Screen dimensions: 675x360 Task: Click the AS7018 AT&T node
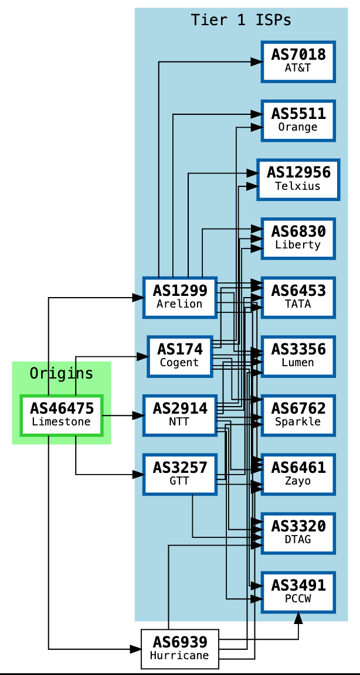point(298,61)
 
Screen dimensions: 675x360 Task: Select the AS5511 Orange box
point(298,120)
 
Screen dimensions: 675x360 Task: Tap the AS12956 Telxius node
point(298,179)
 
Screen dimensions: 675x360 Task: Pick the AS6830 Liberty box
point(298,238)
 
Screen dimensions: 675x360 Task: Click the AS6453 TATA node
point(298,297)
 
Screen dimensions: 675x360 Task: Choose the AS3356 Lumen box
point(298,356)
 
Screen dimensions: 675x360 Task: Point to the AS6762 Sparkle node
point(298,415)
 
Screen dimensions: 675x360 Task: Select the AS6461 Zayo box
point(298,474)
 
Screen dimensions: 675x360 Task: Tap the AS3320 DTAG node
point(298,533)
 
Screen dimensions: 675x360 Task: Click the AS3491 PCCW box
point(298,592)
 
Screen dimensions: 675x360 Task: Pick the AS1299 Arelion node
point(179,297)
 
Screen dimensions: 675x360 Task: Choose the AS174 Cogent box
point(179,356)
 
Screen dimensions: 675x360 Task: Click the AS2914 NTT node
point(179,415)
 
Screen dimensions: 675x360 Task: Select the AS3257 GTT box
point(179,474)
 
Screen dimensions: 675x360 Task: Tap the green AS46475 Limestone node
point(62,415)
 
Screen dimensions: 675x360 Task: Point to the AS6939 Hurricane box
point(179,649)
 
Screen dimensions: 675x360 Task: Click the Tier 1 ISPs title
point(241,20)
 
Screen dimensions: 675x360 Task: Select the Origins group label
point(62,373)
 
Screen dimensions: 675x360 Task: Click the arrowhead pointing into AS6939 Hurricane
point(136,649)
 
